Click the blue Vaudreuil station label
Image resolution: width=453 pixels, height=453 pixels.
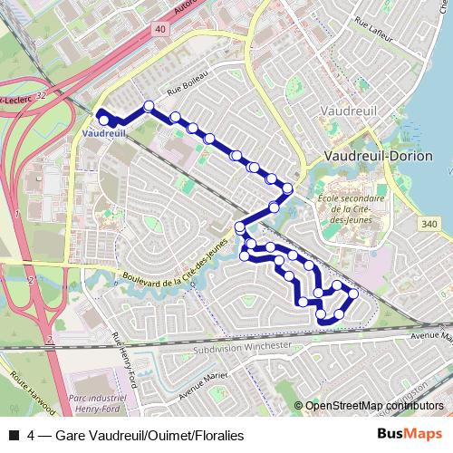click(x=102, y=132)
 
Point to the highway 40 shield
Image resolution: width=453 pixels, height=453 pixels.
click(x=160, y=30)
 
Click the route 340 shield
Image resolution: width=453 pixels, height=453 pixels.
click(x=429, y=223)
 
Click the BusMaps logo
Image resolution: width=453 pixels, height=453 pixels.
click(x=411, y=435)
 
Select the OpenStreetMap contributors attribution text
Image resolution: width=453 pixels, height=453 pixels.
click(x=374, y=406)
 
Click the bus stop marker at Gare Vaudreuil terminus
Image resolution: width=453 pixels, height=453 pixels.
click(x=104, y=120)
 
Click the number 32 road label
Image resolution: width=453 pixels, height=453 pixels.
click(x=41, y=93)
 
